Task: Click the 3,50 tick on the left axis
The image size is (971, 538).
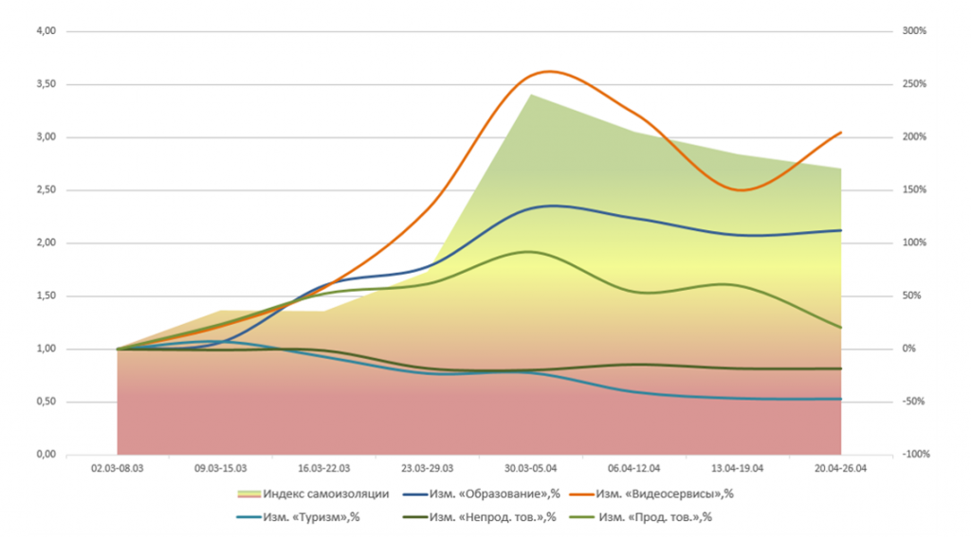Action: click(45, 84)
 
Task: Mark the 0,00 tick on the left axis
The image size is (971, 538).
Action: click(45, 455)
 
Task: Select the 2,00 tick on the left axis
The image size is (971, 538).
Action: click(45, 243)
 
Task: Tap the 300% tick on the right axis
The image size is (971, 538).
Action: click(914, 31)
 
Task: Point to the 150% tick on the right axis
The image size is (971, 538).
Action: click(914, 190)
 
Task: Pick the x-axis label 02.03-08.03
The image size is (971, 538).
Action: click(117, 468)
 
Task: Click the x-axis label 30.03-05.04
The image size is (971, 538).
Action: click(530, 468)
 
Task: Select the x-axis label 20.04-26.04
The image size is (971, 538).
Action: click(841, 468)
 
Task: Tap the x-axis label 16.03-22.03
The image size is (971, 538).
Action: click(323, 468)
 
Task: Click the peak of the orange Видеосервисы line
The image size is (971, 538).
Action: click(550, 71)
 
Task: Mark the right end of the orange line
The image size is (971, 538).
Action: click(841, 133)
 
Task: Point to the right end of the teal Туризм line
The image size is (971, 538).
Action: click(841, 399)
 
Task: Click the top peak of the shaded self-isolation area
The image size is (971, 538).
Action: click(530, 95)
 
